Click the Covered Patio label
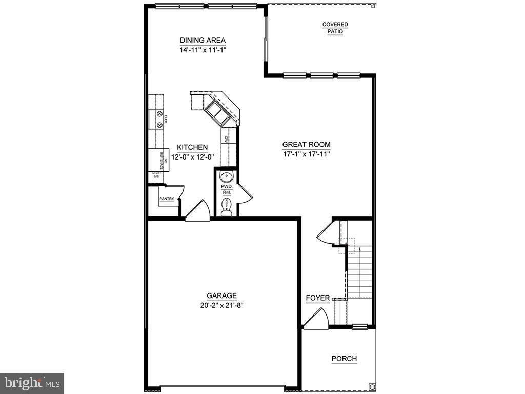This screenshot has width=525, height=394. click(335, 28)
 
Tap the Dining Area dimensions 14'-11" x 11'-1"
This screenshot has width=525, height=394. click(203, 50)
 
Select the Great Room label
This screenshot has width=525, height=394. click(306, 145)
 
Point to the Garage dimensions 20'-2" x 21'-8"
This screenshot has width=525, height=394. click(221, 305)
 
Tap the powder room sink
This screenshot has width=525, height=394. click(226, 176)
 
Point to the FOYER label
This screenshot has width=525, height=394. click(317, 298)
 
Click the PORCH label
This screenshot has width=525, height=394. click(344, 359)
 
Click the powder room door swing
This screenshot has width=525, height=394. click(244, 195)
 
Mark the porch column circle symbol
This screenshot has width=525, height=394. click(372, 387)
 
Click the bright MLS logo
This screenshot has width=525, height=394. click(32, 383)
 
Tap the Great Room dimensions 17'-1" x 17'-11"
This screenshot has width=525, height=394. click(306, 154)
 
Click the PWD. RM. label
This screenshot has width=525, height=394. click(227, 189)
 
